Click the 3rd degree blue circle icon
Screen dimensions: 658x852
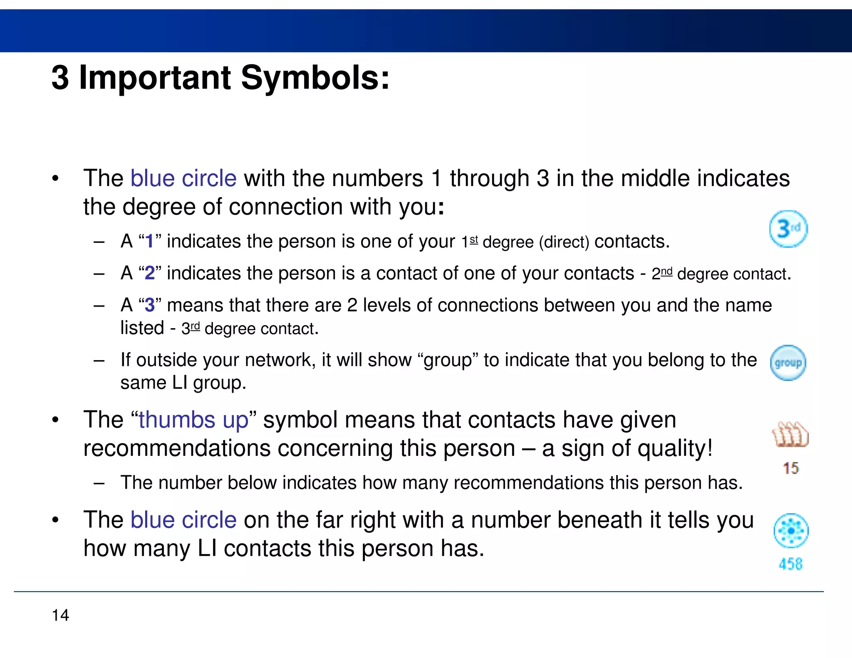[x=788, y=229]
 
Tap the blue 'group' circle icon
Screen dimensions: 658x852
[x=788, y=363]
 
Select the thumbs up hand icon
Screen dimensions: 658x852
[x=790, y=435]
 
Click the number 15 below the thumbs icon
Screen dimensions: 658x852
[x=790, y=468]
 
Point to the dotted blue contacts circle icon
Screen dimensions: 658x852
[x=790, y=531]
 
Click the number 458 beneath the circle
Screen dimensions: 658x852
[x=790, y=564]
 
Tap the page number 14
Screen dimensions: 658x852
[x=60, y=615]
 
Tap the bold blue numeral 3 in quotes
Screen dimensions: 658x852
[x=149, y=305]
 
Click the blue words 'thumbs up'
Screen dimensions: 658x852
[x=193, y=420]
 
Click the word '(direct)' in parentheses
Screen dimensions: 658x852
[x=564, y=242]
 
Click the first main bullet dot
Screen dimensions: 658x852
[x=55, y=179]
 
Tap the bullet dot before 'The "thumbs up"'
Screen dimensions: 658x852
[x=55, y=420]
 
